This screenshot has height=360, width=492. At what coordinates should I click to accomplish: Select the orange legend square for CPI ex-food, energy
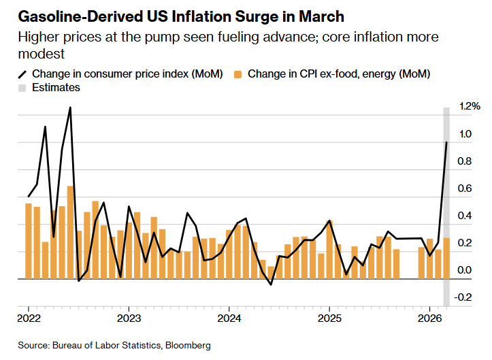coord(238,73)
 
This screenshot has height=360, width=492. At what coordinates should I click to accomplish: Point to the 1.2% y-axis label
coord(470,106)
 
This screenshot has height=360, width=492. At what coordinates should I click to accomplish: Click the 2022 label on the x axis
coord(28,318)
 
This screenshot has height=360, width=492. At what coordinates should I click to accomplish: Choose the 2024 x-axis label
coord(229,318)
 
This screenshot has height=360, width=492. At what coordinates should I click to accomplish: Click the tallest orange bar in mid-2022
coord(71,231)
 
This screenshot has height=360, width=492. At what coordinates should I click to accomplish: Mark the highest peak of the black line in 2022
coord(70,108)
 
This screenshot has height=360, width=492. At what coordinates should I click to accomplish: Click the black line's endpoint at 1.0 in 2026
coord(446,142)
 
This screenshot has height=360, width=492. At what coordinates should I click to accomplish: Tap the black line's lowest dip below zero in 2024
coord(271,284)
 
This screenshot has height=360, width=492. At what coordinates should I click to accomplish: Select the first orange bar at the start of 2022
coord(29,241)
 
